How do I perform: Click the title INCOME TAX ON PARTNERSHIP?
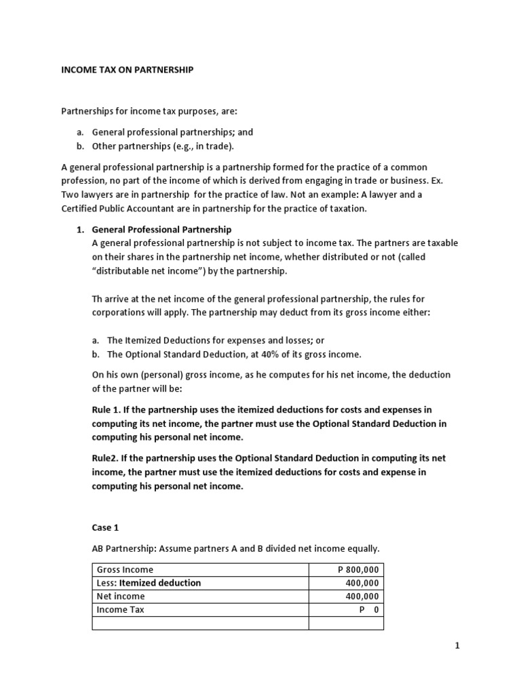[x=128, y=70]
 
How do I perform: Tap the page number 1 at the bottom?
[x=457, y=646]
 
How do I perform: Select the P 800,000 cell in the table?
[x=359, y=570]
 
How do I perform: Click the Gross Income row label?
[x=125, y=570]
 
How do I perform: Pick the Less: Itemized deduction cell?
[x=149, y=583]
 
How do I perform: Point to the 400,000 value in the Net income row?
[x=363, y=596]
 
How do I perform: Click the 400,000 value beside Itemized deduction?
[x=363, y=583]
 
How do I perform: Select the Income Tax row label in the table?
[x=121, y=609]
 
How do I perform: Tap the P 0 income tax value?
[x=369, y=609]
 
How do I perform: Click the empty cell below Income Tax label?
[x=200, y=623]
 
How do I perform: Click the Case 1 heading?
[x=104, y=527]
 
